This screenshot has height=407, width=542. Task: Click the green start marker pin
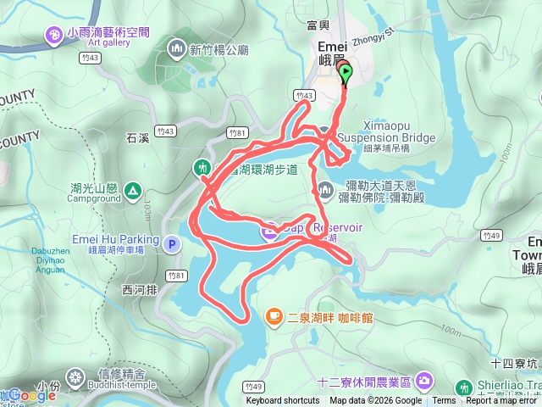[346, 75]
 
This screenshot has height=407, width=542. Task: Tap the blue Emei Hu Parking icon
[172, 244]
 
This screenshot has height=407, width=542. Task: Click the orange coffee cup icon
[273, 317]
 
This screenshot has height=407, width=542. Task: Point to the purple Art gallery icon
[54, 34]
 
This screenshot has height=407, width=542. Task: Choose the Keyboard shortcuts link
[283, 401]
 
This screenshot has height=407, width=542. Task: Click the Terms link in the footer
[444, 401]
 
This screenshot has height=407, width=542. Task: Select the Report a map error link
[502, 401]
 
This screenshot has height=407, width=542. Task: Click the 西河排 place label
[140, 289]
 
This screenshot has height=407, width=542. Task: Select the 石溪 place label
[137, 136]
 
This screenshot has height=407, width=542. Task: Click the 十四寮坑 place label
[513, 364]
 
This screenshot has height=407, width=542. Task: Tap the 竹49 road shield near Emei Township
[489, 234]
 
